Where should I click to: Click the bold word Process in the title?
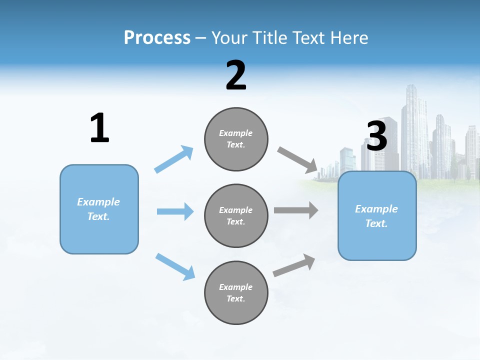[157, 37]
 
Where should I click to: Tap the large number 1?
[99, 128]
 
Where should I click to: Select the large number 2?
[236, 75]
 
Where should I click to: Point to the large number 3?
[376, 136]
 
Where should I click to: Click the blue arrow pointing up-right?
[173, 159]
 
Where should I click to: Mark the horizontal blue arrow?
[175, 211]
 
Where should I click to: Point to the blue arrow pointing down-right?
[175, 266]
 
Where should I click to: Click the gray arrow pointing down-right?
[298, 160]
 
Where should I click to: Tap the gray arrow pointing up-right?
[294, 265]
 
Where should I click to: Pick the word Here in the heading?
[348, 37]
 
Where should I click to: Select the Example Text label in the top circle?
[236, 139]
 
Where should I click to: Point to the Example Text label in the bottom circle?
[236, 293]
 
